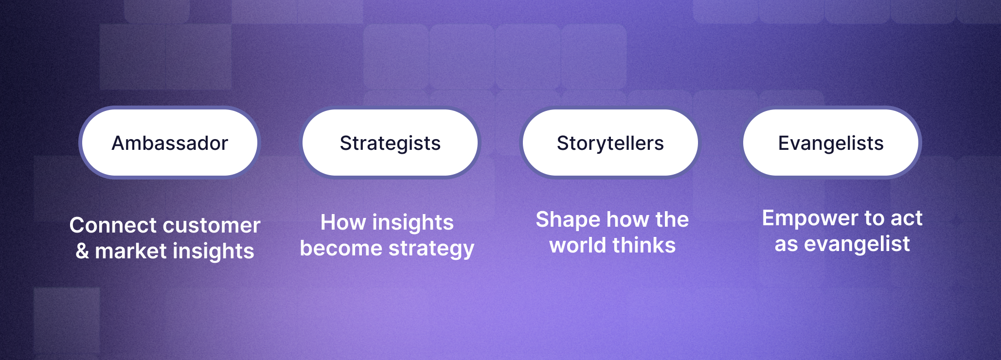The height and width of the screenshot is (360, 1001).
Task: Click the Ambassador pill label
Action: click(x=170, y=143)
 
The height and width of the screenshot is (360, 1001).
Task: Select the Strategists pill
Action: click(x=390, y=143)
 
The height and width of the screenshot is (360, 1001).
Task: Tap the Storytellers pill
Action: click(x=610, y=143)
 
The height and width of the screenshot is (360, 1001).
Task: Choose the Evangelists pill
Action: click(x=831, y=143)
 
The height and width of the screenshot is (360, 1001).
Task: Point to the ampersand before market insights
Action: click(x=82, y=251)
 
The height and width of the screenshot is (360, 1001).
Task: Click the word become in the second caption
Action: click(x=341, y=248)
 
